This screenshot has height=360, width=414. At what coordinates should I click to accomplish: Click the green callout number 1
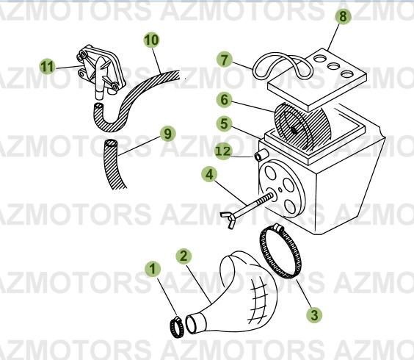pyautogui.click(x=153, y=269)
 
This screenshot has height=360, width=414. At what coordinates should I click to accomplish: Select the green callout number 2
pyautogui.click(x=183, y=256)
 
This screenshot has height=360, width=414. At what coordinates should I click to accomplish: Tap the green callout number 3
pyautogui.click(x=314, y=314)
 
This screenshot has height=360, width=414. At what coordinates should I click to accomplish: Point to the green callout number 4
pyautogui.click(x=210, y=175)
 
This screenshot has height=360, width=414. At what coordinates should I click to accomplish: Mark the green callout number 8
pyautogui.click(x=339, y=17)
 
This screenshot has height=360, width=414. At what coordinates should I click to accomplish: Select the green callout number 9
pyautogui.click(x=167, y=134)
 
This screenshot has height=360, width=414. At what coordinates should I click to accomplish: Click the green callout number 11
pyautogui.click(x=47, y=67)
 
